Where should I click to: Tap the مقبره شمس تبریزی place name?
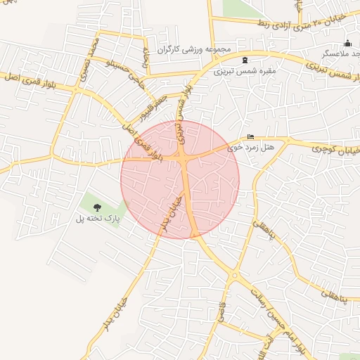[245, 71]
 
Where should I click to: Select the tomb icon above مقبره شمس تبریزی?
[245, 60]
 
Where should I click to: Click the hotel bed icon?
[251, 137]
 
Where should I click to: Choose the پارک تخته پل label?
[99, 219]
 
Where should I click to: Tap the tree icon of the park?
[96, 207]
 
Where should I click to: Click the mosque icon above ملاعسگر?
[347, 43]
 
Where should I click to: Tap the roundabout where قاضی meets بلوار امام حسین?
[233, 275]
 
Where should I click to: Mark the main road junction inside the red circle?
[183, 160]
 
